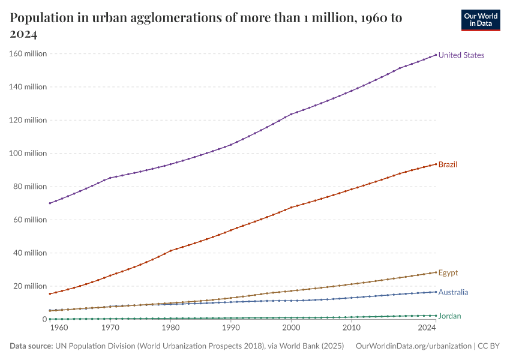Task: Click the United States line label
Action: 461,55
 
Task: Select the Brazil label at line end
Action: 448,164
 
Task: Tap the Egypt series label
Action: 448,273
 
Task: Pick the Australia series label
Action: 453,293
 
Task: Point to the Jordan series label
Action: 450,316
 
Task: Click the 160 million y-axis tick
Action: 28,54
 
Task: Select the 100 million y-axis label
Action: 28,154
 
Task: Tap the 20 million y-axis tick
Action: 30,286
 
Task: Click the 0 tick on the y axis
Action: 44,319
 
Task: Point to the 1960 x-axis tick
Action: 58,328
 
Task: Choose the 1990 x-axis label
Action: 230,328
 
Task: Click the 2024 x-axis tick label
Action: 427,328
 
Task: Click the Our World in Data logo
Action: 480,20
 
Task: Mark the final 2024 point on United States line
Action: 436,55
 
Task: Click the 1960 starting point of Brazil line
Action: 50,293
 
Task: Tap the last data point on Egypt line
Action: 436,272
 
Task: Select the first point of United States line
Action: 50,203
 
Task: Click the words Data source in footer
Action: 31,346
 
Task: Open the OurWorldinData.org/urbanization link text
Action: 413,346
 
